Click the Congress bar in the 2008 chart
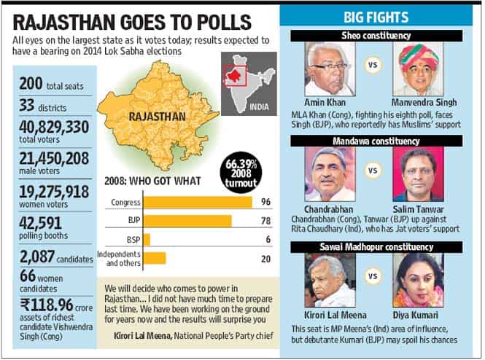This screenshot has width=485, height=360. (198, 203)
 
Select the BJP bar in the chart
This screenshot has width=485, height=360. (187, 221)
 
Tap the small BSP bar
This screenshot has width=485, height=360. (147, 240)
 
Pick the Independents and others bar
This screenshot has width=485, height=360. (155, 258)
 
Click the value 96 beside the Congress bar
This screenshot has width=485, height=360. (265, 202)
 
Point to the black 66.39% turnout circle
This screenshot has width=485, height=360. (241, 173)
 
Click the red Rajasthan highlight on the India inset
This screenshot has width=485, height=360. (234, 74)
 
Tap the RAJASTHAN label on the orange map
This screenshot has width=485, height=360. (157, 117)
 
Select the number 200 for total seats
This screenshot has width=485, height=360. (31, 83)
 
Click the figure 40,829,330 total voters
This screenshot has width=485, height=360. (54, 127)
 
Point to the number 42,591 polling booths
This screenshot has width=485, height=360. (41, 223)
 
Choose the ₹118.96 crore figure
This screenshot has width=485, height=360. (47, 305)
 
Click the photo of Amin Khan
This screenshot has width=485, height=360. (330, 69)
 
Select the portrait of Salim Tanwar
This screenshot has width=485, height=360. (418, 174)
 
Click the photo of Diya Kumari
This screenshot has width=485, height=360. (418, 281)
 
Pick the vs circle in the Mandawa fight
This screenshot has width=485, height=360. (373, 171)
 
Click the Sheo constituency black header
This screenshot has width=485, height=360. (376, 36)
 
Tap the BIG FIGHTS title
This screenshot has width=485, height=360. (376, 17)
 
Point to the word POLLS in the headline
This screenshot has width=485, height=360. (224, 22)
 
